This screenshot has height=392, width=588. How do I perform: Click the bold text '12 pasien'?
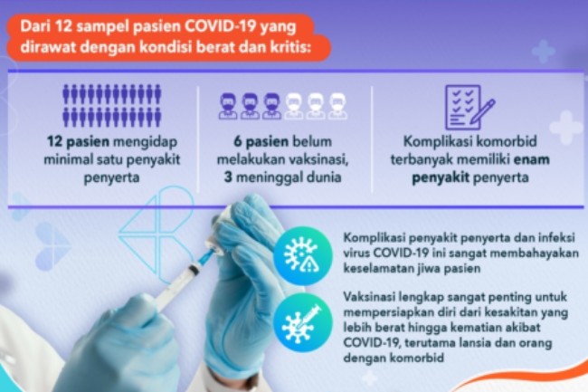click(78, 142)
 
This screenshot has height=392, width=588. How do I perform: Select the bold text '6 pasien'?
click(261, 142)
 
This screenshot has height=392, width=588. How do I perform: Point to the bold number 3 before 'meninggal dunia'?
click(228, 177)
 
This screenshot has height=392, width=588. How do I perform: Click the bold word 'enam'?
click(531, 159)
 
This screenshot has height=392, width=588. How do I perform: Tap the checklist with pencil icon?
click(469, 107)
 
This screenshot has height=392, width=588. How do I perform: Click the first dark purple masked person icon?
click(228, 106)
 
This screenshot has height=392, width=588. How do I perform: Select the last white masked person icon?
click(337, 106)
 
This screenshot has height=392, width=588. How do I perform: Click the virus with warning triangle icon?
click(303, 255)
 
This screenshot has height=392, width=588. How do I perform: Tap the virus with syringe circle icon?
click(303, 323)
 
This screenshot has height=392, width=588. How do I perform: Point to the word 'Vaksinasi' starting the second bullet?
click(369, 297)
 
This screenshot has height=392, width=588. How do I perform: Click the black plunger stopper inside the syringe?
click(194, 270)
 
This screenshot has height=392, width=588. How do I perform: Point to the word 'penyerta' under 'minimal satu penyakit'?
click(111, 177)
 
